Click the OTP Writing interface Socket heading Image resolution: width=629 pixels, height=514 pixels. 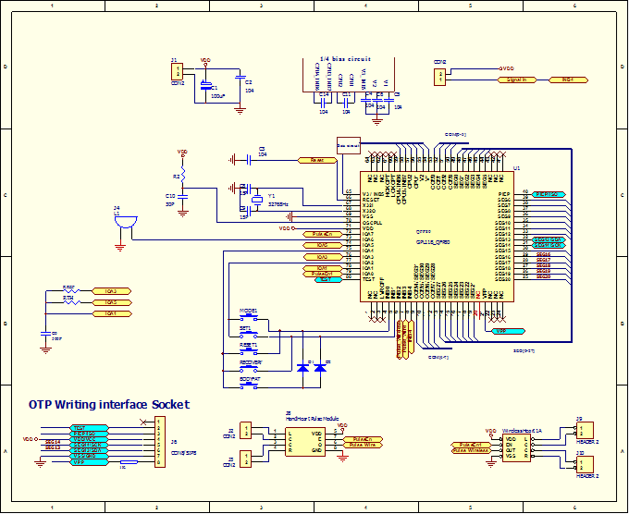click(108, 404)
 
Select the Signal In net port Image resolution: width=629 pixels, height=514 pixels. click(517, 80)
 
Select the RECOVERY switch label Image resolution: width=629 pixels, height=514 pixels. click(252, 362)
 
